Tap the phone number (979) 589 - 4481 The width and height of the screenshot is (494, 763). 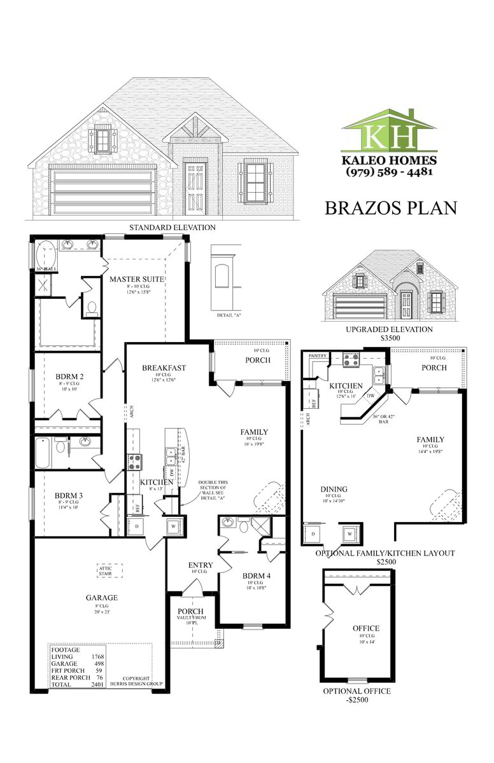click(x=389, y=172)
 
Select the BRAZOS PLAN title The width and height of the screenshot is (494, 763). click(x=391, y=208)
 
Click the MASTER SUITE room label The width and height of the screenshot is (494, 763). click(x=137, y=279)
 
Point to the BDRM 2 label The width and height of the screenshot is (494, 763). click(x=69, y=376)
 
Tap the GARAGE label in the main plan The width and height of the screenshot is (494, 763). click(x=102, y=598)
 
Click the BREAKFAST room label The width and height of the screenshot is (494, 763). click(x=164, y=368)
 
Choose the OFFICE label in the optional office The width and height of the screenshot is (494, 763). click(x=366, y=628)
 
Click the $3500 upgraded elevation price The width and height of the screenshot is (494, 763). click(x=389, y=339)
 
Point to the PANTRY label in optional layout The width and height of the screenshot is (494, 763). click(x=318, y=356)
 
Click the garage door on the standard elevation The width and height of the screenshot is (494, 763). click(x=103, y=191)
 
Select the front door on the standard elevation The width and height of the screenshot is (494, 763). click(x=195, y=188)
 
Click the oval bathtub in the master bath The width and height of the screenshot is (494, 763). click(x=45, y=256)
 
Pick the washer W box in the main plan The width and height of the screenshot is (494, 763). click(x=173, y=526)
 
